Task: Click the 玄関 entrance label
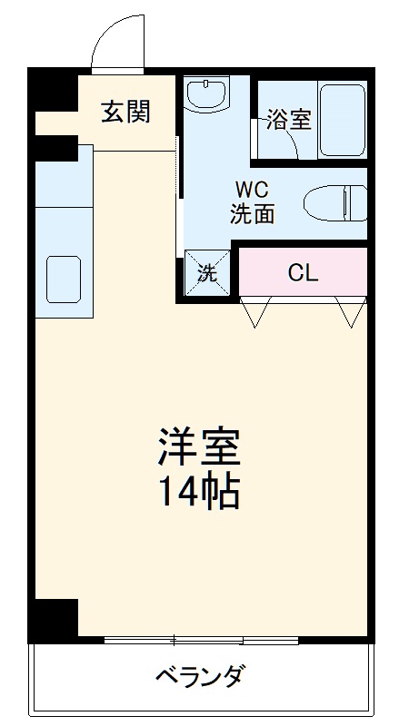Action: pos(125,113)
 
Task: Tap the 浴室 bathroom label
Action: pos(289,120)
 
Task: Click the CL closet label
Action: pos(303,272)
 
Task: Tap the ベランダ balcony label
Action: pos(199,677)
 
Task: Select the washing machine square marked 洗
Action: pos(207,272)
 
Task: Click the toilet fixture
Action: pos(334,203)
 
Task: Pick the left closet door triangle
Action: pos(255,311)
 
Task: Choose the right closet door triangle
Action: pos(351,311)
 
